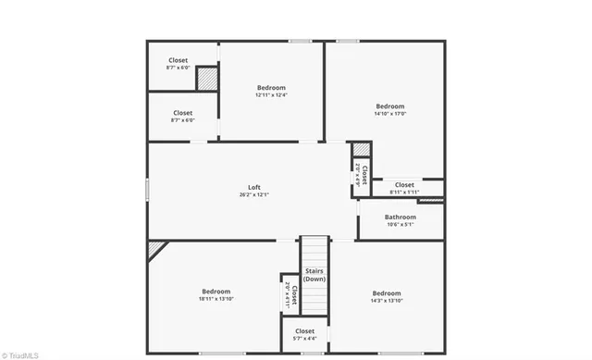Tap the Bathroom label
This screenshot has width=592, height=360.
point(401,217)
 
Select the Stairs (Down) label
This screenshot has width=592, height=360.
point(314,275)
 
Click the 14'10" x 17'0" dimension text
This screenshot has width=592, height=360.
point(389,115)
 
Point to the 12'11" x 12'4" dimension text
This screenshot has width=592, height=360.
point(271,95)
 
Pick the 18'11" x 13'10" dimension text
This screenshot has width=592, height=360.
point(216,299)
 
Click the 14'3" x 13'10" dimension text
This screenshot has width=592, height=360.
point(386,301)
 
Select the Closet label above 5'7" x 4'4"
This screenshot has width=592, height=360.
point(304,330)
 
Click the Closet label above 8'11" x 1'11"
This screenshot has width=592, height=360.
point(404,184)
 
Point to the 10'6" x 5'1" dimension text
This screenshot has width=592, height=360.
point(401,225)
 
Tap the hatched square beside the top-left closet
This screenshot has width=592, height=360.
point(207,79)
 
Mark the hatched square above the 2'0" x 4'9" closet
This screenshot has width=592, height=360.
point(361,150)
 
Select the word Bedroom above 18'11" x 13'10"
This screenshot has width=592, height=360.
point(216,291)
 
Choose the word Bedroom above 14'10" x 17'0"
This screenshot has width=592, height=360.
point(389,106)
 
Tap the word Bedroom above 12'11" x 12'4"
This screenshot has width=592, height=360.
point(271,87)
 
